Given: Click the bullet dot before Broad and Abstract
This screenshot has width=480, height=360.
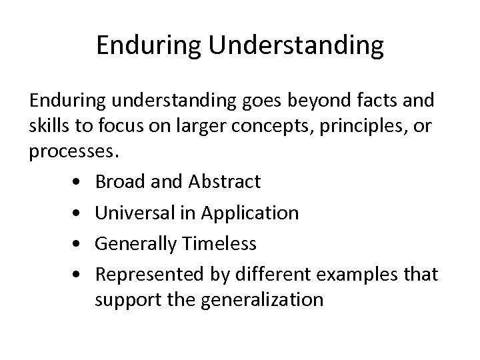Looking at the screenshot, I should pos(79,181).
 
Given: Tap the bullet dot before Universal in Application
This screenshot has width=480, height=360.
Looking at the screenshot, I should pos(79,213).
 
